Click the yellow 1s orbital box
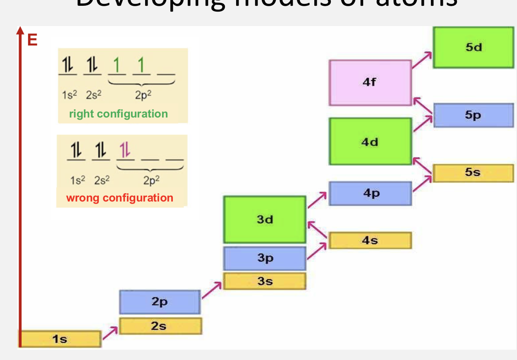click(60, 339)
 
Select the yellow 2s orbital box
click(160, 326)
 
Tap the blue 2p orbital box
click(160, 302)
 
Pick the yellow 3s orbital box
click(265, 281)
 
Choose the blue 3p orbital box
click(265, 258)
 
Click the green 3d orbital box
click(265, 219)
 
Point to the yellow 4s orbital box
click(370, 240)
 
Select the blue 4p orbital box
click(370, 193)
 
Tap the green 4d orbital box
click(370, 142)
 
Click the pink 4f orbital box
click(370, 82)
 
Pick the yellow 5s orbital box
click(473, 173)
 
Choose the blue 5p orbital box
click(473, 115)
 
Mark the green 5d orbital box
click(473, 47)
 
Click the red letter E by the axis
click(32, 40)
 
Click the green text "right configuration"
click(118, 114)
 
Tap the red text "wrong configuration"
click(120, 198)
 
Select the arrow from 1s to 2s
click(110, 333)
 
